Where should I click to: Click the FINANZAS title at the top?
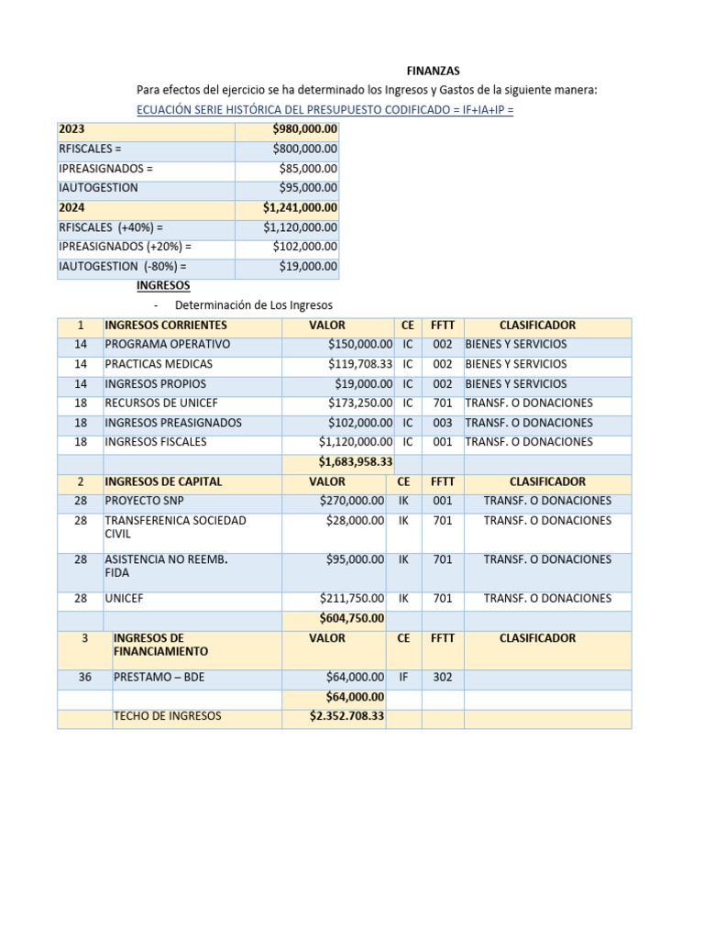[x=434, y=71]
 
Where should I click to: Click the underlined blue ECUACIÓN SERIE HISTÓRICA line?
[x=325, y=110]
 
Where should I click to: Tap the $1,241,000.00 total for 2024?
[x=300, y=208]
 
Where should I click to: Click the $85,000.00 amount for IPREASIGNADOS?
[x=308, y=169]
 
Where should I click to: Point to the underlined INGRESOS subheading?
[x=163, y=286]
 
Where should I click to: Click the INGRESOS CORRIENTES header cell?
[x=166, y=326]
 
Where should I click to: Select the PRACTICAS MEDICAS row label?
[x=159, y=364]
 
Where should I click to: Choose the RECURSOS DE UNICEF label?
[x=160, y=403]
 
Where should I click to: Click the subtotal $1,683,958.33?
[x=355, y=462]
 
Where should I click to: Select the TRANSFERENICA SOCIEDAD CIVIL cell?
[x=175, y=527]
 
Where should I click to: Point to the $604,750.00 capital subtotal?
[x=351, y=618]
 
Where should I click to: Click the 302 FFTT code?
[x=443, y=678]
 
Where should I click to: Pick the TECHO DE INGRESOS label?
[x=167, y=716]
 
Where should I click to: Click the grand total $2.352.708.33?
[x=346, y=716]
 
